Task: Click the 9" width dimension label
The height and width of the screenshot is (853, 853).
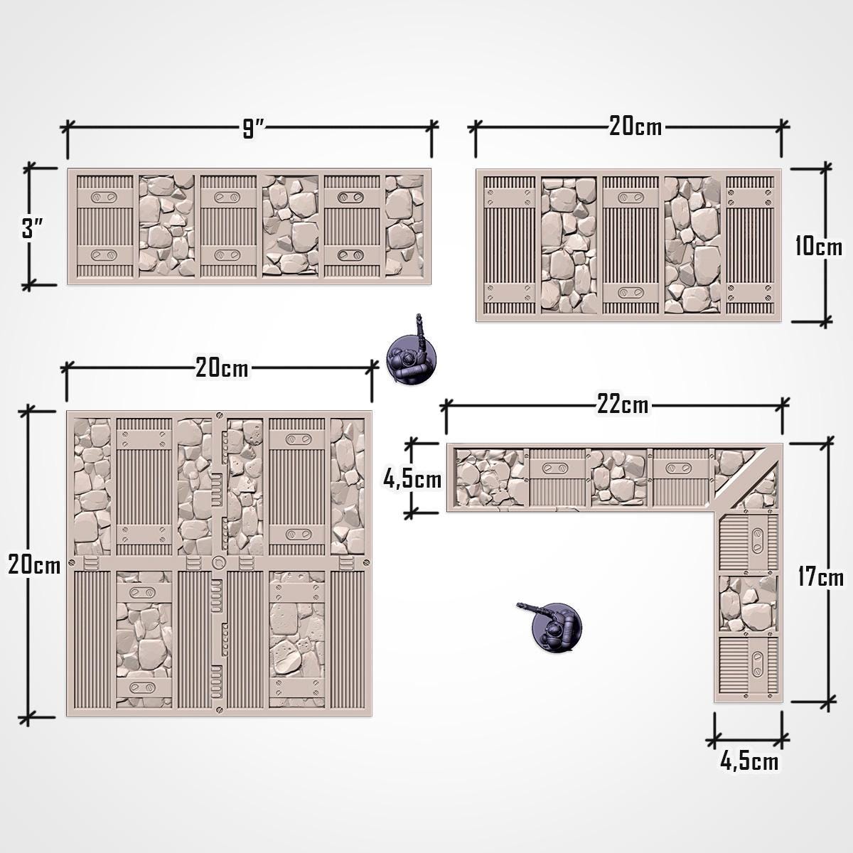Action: coord(253,129)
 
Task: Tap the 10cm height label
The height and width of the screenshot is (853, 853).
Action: coord(818,246)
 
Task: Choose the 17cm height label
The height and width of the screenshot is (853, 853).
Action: coord(820,576)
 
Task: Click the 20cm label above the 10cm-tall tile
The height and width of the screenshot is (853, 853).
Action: coord(635,127)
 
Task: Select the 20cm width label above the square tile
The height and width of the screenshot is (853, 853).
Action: coord(222,368)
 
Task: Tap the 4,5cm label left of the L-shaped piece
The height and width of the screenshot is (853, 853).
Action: coord(412,479)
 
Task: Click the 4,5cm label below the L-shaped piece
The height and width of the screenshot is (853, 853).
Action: coord(749,762)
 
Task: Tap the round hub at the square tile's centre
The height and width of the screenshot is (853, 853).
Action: coord(218,564)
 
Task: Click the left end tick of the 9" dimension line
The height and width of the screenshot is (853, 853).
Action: coord(68,128)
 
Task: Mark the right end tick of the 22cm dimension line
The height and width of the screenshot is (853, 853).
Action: coord(783,406)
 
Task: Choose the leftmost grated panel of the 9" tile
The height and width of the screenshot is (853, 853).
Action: coord(104,226)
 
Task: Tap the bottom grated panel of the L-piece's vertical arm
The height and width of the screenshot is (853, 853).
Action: coord(749,667)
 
